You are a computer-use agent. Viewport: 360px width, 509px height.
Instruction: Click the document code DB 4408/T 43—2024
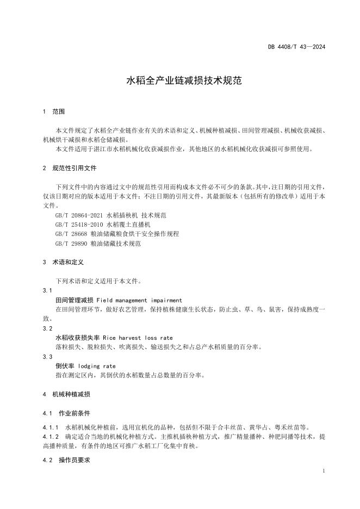[296, 47]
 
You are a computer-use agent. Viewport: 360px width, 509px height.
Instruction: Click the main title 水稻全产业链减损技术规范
[180, 82]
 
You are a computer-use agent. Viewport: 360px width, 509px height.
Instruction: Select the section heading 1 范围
[53, 111]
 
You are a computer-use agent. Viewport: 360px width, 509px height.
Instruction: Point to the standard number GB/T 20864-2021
[80, 215]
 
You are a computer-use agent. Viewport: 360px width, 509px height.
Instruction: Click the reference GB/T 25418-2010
[80, 225]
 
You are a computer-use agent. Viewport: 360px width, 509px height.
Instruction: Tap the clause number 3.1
[47, 291]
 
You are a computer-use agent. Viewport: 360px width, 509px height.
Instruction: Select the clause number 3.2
[47, 328]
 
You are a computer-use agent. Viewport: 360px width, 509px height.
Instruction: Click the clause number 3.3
[47, 357]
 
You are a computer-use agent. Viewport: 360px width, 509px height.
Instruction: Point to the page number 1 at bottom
[324, 471]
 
